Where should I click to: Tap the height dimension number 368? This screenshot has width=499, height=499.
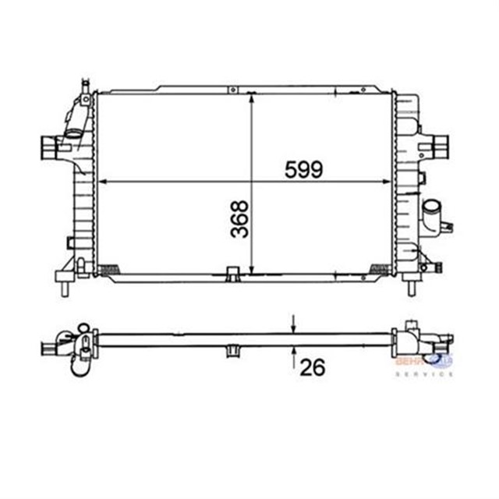coord(240,219)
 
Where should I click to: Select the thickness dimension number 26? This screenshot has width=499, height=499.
coord(312,367)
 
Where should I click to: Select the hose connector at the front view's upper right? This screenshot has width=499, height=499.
coord(438,145)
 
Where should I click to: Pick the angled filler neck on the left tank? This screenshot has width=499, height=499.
coord(77,126)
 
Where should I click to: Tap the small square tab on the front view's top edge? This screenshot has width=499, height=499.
coord(232,90)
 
